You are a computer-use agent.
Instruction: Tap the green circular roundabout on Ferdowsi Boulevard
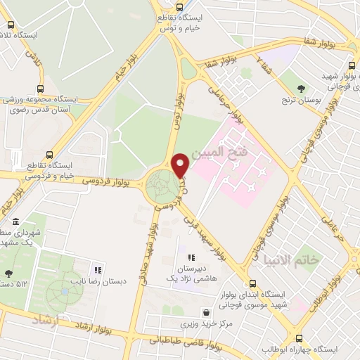click(x=163, y=186)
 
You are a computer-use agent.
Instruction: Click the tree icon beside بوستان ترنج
click(x=302, y=89)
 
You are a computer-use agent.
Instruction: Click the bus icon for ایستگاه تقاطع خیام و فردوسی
click(x=49, y=154)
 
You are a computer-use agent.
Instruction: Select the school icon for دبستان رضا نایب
click(x=98, y=269)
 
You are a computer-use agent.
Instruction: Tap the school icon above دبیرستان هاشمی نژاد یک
click(x=191, y=258)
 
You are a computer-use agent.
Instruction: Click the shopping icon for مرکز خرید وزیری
click(x=205, y=312)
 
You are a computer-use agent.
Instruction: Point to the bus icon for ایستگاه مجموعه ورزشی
click(x=39, y=89)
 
